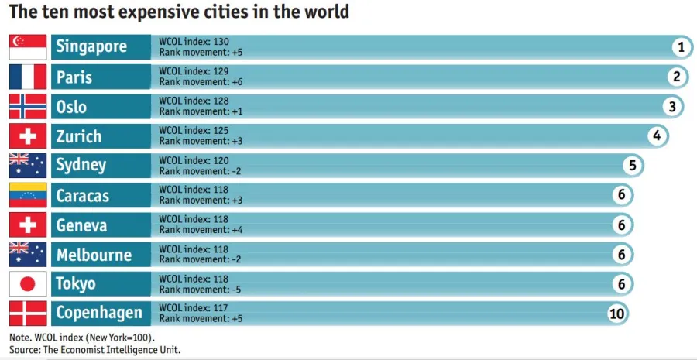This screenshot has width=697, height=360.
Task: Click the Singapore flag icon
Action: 28,47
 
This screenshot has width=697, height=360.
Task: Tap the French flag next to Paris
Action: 28,77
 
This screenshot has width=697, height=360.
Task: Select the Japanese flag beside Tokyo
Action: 28,284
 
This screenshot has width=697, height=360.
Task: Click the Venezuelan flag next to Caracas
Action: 28,195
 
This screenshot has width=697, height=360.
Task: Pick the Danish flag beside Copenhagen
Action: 28,314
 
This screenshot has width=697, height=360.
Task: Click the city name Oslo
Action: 72,107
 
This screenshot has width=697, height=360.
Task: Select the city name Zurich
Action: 79,136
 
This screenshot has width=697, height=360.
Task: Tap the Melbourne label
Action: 94,255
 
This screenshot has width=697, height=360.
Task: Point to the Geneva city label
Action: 81,225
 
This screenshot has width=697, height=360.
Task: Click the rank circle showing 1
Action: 681,47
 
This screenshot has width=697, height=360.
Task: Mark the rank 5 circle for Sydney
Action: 632,166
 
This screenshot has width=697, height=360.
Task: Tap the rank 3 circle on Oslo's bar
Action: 672,107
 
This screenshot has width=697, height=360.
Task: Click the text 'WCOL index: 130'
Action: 194,42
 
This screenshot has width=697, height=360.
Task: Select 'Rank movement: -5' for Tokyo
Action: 201,290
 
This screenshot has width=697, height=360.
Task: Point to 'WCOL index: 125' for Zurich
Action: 194,131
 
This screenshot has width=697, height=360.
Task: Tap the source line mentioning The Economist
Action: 97,350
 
